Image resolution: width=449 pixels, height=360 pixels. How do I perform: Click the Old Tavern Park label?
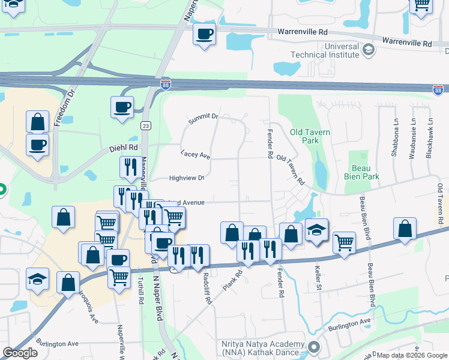click(x=312, y=136)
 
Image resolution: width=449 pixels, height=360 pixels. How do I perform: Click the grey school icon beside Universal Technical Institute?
click(x=369, y=51)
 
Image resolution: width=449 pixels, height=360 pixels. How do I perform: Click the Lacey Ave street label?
click(x=195, y=155)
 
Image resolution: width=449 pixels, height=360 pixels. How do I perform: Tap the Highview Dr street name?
click(x=187, y=178)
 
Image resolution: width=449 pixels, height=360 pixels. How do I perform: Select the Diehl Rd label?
click(x=124, y=147)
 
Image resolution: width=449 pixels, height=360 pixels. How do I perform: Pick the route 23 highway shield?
click(x=145, y=125)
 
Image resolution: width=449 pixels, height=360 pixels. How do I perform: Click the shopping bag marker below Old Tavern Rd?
click(x=291, y=234)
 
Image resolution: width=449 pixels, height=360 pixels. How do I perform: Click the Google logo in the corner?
click(x=20, y=353)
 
